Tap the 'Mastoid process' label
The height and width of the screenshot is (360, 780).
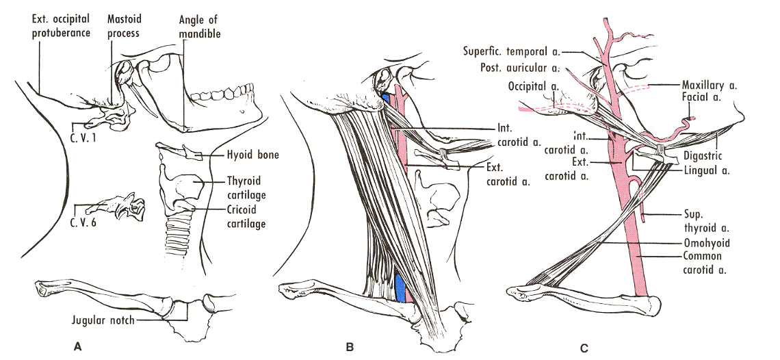coord(124,24)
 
